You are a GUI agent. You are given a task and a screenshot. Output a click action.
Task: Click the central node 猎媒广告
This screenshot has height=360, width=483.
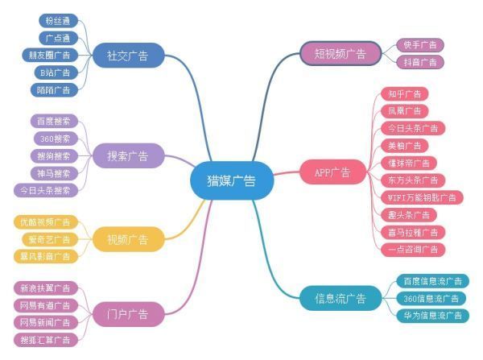(x=232, y=180)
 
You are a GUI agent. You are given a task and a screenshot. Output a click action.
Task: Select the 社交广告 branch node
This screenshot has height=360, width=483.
(x=128, y=56)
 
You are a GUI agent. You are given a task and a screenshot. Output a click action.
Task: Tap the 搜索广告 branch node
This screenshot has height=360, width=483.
(x=128, y=155)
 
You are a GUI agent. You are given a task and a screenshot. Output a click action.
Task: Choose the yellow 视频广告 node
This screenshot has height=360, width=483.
(x=128, y=239)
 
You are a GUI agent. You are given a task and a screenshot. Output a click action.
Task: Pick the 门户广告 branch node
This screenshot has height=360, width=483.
(x=128, y=312)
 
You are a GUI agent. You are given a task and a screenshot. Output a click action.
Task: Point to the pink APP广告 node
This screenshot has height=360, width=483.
(x=332, y=172)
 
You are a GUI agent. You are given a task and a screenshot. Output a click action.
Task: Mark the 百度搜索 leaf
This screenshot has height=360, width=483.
(x=54, y=121)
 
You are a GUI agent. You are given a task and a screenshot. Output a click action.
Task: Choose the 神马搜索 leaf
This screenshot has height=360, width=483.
(x=54, y=173)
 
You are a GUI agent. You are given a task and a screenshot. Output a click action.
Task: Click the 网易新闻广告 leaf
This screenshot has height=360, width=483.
(x=46, y=322)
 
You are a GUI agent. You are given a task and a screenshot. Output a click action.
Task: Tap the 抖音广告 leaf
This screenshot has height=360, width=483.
(x=419, y=62)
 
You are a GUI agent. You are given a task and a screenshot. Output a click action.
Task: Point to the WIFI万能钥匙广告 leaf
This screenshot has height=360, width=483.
(x=419, y=197)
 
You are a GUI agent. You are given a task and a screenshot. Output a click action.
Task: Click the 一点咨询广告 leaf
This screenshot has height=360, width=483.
(x=411, y=250)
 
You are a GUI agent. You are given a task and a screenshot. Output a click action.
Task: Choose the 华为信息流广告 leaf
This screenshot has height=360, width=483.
(x=433, y=316)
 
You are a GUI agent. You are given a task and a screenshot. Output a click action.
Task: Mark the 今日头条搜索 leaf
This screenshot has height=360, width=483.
(x=45, y=190)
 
